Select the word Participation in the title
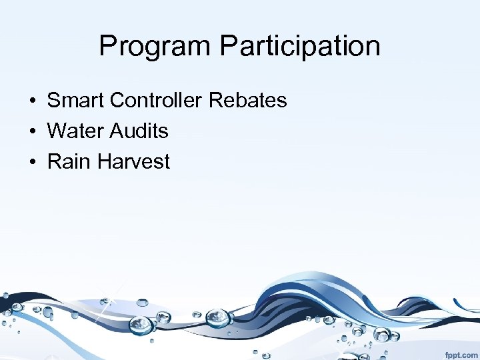[x=300, y=46]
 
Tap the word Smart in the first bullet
[x=75, y=101]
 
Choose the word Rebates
[x=247, y=101]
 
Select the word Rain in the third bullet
[x=67, y=161]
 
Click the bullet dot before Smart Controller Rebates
[x=32, y=101]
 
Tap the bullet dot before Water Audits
[x=32, y=132]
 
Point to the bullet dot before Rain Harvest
[x=32, y=162]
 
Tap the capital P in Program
[x=107, y=46]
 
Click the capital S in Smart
[x=54, y=101]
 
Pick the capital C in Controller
[x=118, y=101]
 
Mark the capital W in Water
[x=57, y=131]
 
